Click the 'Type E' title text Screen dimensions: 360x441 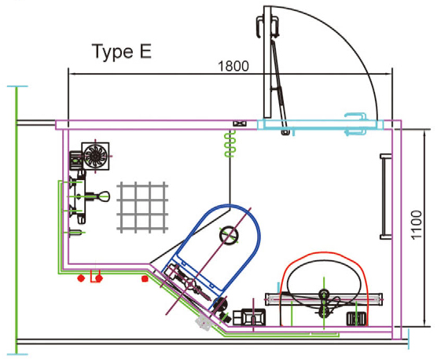coord(121,53)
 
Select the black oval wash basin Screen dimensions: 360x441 coord(324,280)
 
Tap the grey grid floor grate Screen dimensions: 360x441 coord(142,206)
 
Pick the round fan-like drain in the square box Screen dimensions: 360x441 coord(97,154)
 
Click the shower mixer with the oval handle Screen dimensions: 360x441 coord(93,197)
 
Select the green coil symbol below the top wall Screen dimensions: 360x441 coord(230,145)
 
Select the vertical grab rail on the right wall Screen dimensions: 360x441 coord(383,197)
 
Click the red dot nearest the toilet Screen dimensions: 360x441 coord(143,278)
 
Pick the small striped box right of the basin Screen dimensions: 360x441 coord(357,318)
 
